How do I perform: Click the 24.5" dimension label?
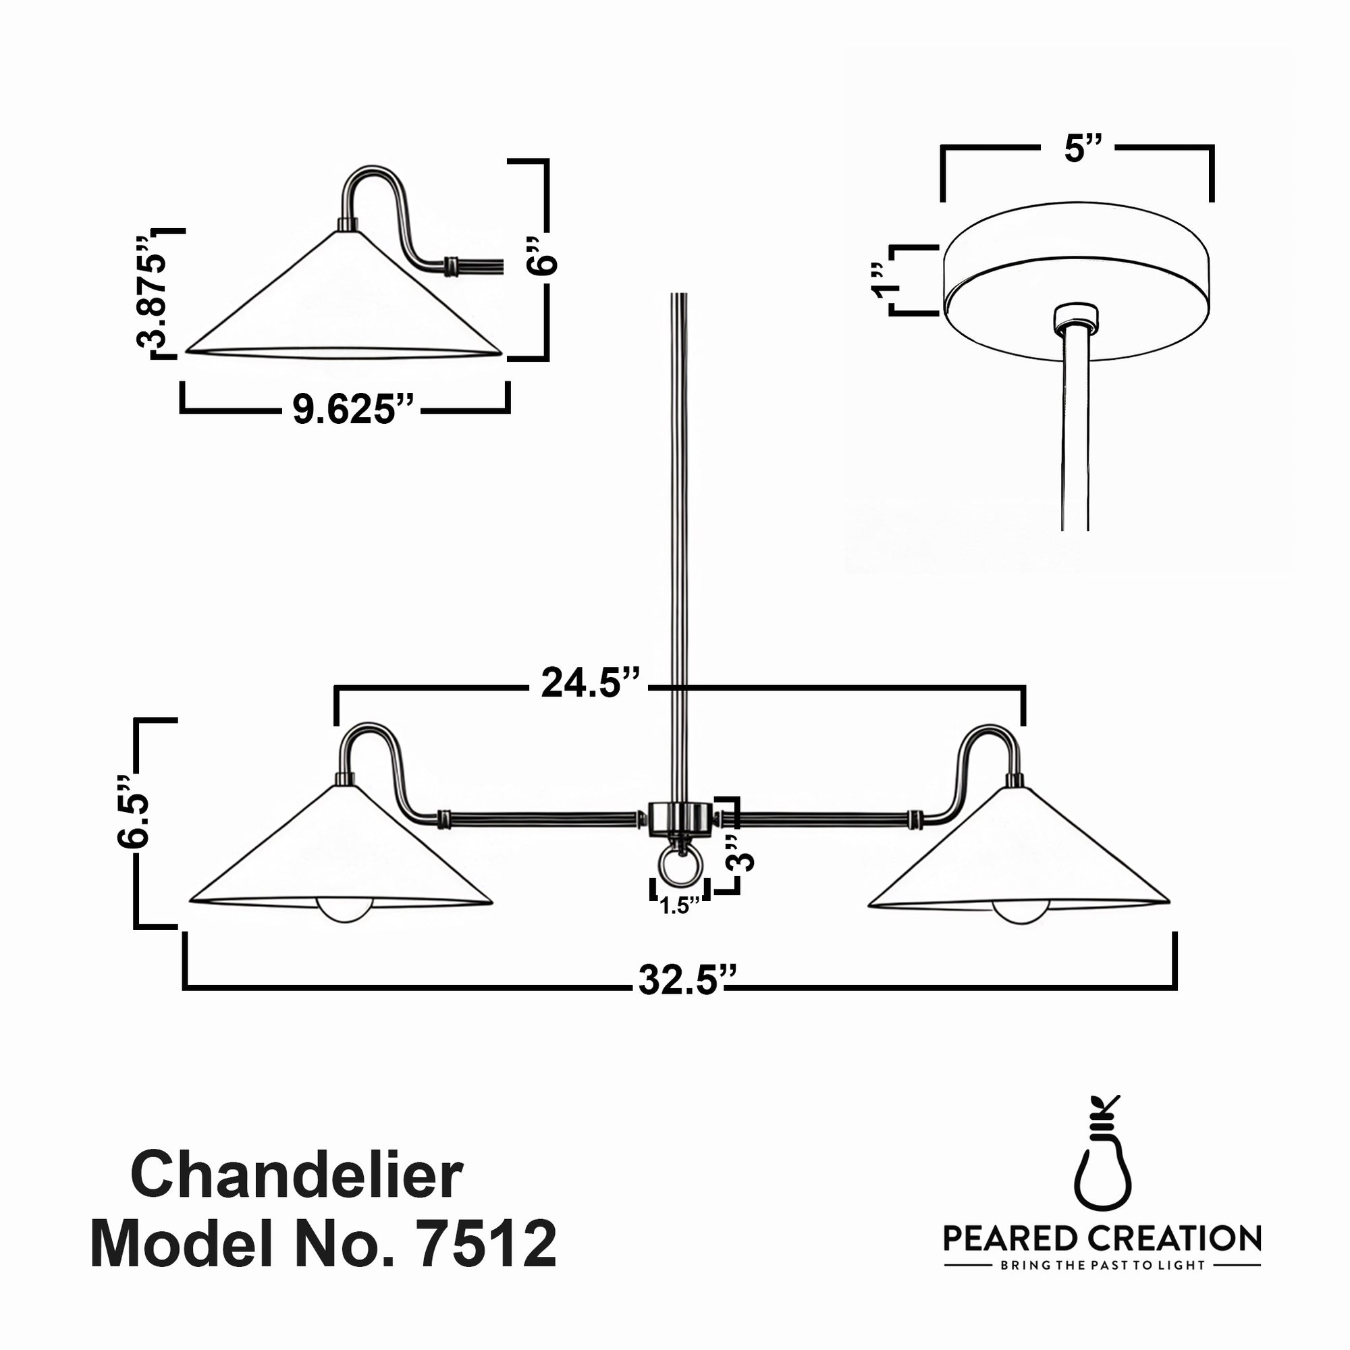[x=590, y=683]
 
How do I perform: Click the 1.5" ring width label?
[x=678, y=907]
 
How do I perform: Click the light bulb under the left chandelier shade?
[x=344, y=909]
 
